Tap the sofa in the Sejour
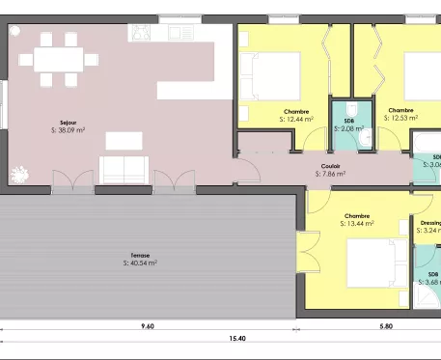click(x=124, y=170)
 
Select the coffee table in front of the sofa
click(x=124, y=141)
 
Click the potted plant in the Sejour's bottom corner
click(x=17, y=174)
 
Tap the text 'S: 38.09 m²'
click(x=68, y=129)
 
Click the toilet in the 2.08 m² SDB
click(x=354, y=108)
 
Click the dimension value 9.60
click(x=147, y=327)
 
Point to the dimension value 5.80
click(x=385, y=327)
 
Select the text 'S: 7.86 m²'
click(x=330, y=175)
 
